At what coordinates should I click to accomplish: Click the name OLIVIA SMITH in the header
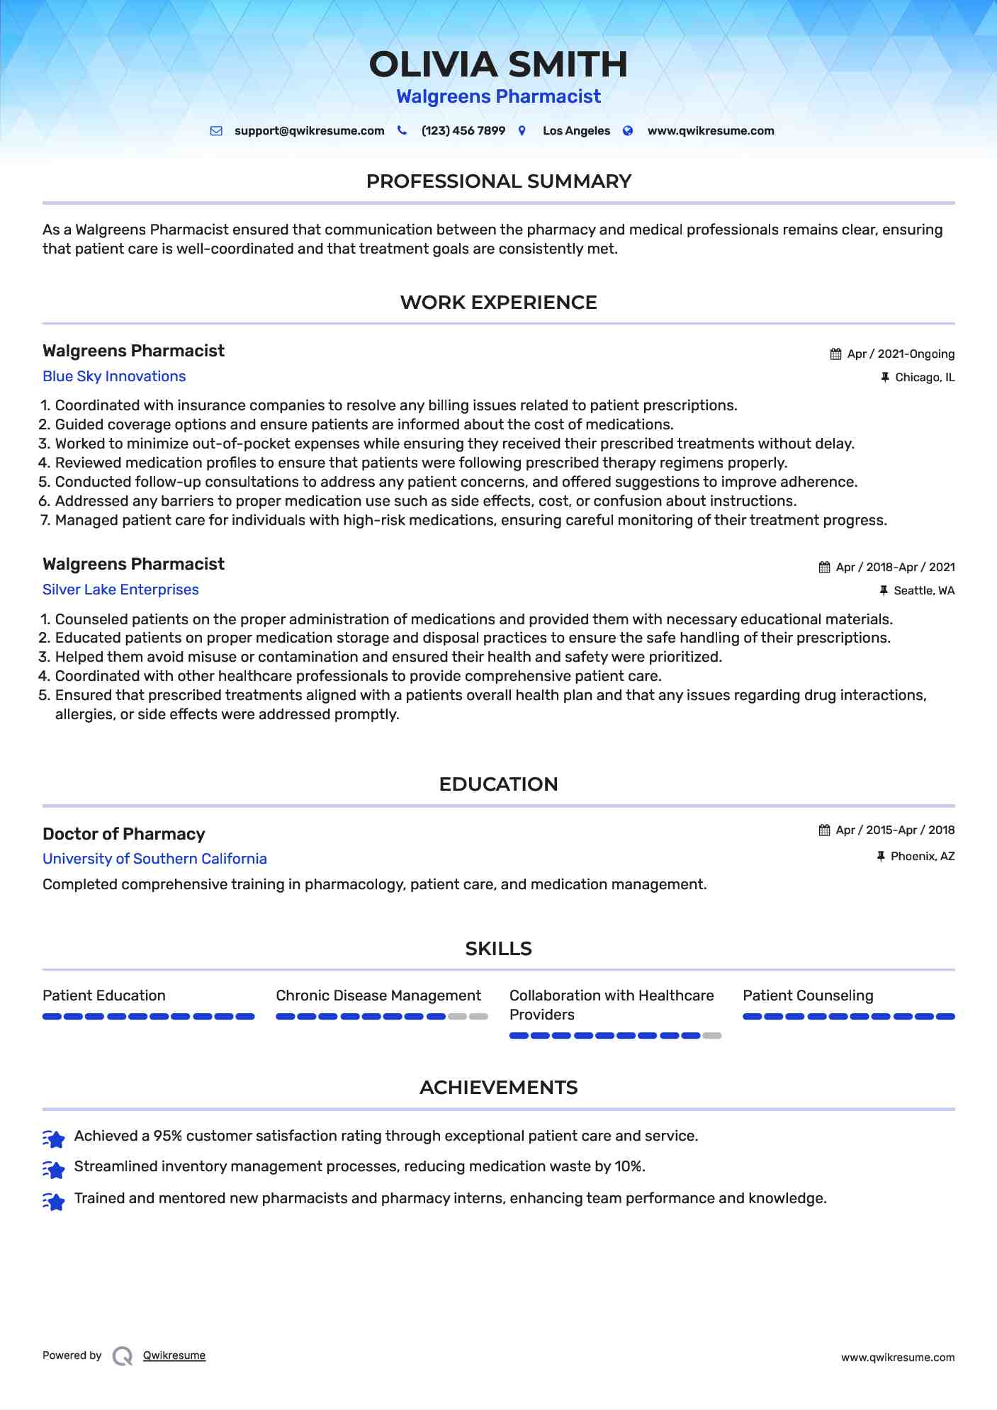click(498, 64)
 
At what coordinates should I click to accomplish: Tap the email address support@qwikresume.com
click(309, 131)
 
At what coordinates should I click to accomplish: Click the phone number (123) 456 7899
click(463, 131)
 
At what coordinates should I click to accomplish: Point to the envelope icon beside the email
click(216, 131)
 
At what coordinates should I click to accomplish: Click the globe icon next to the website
click(628, 131)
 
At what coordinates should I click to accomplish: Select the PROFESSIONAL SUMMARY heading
click(498, 181)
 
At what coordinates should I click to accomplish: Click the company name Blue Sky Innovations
click(114, 376)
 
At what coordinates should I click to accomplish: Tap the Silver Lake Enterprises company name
click(120, 590)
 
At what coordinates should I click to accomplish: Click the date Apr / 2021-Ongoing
click(901, 354)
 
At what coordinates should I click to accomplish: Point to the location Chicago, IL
click(925, 378)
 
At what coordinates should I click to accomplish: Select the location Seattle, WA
click(924, 591)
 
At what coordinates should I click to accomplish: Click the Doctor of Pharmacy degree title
click(124, 834)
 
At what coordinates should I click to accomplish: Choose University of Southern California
click(154, 859)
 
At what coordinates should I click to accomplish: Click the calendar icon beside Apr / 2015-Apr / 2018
click(824, 830)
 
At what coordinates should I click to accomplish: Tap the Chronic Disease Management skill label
click(378, 996)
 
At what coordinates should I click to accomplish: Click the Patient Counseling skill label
click(808, 996)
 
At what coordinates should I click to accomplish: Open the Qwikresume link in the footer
click(174, 1355)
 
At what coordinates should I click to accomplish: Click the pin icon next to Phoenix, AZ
click(881, 857)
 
